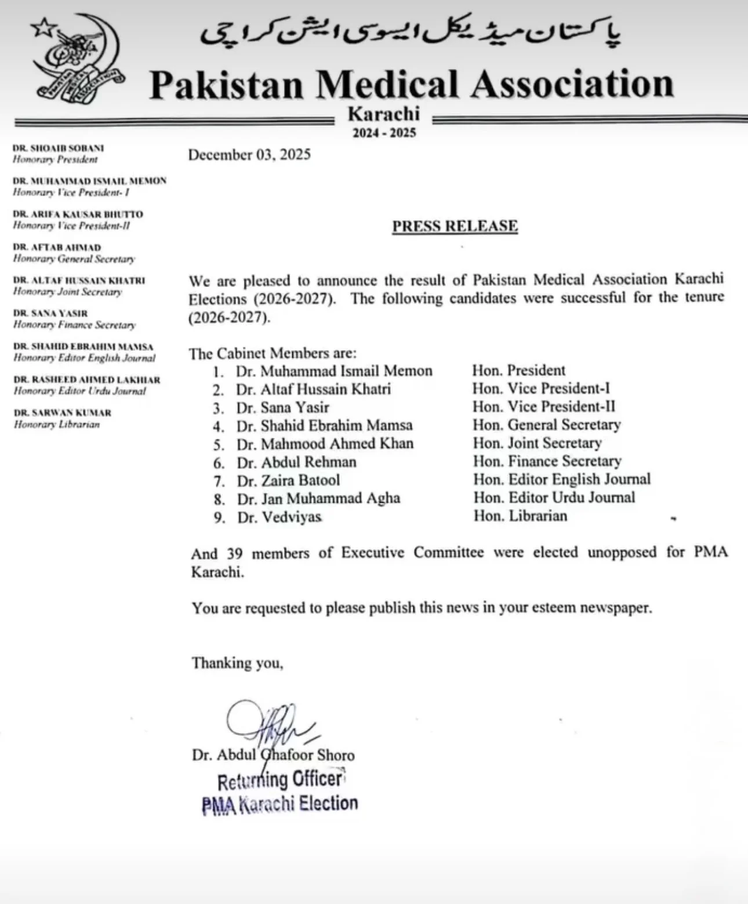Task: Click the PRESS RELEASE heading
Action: coord(455,226)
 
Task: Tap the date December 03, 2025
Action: coord(249,155)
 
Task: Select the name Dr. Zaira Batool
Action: coord(288,480)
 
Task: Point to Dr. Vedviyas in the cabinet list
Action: coord(279,517)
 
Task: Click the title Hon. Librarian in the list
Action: coord(520,515)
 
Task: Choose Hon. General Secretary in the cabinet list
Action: coord(546,425)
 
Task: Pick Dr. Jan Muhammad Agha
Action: coord(318,498)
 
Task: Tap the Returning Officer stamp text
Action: coord(281,780)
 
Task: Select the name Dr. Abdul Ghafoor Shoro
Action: coord(273,755)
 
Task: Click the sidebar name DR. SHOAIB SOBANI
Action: coord(59,148)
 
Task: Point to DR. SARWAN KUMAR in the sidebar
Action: coord(63,413)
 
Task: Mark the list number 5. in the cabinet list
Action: coord(219,444)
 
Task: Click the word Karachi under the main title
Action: coord(383,114)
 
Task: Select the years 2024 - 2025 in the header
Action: coord(384,133)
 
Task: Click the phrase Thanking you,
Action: coord(238,663)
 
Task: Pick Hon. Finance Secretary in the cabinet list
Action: coord(547,461)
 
